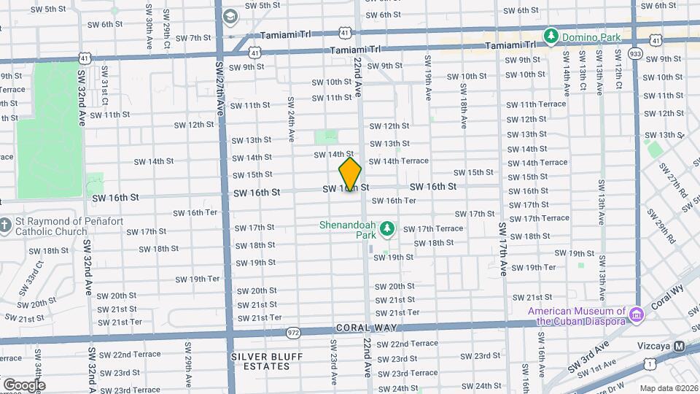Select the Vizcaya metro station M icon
click(680, 346)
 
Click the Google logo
click(23, 385)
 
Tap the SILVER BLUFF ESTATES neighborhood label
click(261, 361)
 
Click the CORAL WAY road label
click(360, 328)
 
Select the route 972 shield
click(294, 332)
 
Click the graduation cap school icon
click(230, 16)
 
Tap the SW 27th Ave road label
click(219, 88)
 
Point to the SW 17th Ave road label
click(503, 248)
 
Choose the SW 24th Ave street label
click(290, 119)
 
